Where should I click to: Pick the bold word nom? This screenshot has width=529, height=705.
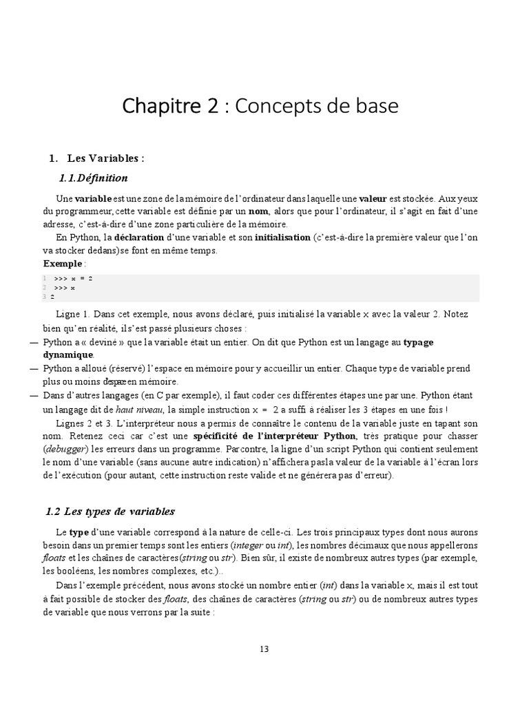258,211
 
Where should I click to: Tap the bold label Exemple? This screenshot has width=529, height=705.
62,264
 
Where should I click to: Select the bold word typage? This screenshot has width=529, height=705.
418,342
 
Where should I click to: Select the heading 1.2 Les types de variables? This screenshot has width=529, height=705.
110,512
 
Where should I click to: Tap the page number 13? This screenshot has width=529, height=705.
264,649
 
